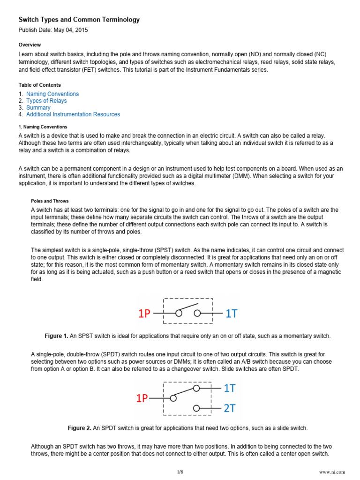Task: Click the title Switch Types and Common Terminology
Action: click(x=79, y=20)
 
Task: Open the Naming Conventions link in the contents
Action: click(x=52, y=94)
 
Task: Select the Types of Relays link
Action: click(x=46, y=101)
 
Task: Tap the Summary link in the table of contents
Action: click(x=38, y=107)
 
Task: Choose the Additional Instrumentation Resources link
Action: click(x=73, y=114)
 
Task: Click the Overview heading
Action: click(x=30, y=45)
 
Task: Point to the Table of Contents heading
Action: click(x=39, y=85)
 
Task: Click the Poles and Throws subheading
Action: click(x=50, y=201)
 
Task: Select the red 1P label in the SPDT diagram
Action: click(x=142, y=398)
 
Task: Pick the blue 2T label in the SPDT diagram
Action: click(x=230, y=408)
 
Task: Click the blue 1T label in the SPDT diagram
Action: click(x=230, y=388)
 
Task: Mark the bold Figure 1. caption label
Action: click(x=56, y=337)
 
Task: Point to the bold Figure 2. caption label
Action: click(x=80, y=428)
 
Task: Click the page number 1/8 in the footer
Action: click(x=180, y=472)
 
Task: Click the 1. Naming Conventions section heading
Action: click(x=43, y=127)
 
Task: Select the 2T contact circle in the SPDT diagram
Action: click(x=197, y=408)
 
